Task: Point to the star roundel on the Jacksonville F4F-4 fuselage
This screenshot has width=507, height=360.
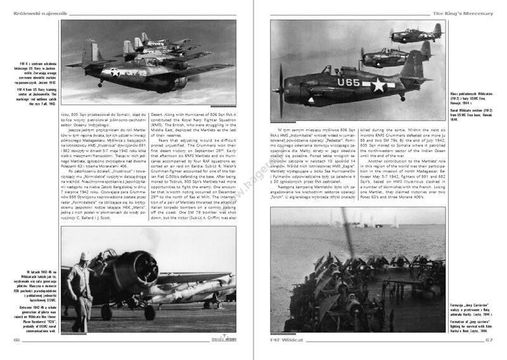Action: [115, 71]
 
